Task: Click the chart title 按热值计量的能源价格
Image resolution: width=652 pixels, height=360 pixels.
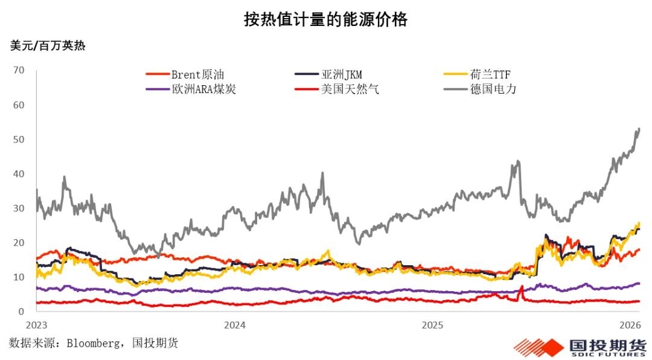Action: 325,19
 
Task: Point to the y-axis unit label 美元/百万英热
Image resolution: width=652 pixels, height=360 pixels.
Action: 48,45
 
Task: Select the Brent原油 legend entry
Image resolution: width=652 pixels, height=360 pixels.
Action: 185,74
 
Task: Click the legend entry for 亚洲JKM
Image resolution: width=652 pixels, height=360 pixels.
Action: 328,74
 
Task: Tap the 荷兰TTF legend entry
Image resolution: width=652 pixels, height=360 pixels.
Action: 477,74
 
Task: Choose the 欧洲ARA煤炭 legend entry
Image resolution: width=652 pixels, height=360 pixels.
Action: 191,89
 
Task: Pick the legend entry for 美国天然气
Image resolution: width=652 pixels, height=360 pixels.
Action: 337,89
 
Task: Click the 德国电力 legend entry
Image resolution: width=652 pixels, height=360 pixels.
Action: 480,89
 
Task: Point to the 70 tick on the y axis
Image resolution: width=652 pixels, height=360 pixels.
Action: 19,70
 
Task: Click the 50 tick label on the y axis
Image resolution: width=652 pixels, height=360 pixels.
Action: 19,139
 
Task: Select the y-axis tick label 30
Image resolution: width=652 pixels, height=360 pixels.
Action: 19,208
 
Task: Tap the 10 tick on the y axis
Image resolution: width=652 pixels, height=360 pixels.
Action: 19,277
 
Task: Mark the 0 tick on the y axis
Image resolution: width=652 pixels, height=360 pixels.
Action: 21,311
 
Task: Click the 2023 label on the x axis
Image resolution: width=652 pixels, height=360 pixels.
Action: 37,325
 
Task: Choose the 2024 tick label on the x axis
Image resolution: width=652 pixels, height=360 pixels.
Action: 234,325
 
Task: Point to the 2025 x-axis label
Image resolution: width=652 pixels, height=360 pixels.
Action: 432,325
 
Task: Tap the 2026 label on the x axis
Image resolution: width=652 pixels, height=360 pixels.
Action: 630,325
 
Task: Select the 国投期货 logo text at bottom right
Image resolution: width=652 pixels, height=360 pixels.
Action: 607,345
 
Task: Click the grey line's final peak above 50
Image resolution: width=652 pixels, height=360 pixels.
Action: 639,129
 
